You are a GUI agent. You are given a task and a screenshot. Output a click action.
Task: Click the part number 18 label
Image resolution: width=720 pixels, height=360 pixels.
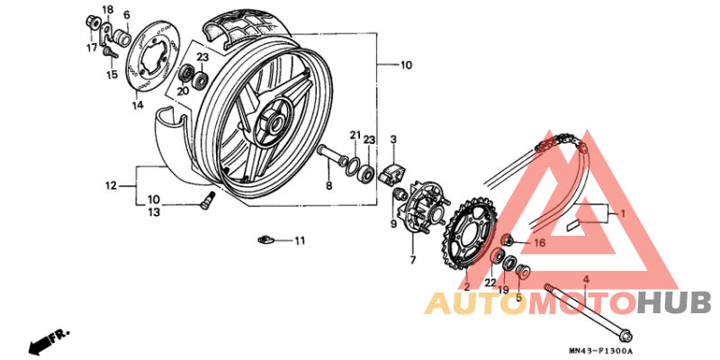pos(108,9)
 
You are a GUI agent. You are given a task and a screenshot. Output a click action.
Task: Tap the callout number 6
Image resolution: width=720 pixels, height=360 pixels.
pos(126,15)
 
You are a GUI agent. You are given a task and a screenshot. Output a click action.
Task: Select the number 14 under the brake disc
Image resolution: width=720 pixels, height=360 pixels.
pos(138,105)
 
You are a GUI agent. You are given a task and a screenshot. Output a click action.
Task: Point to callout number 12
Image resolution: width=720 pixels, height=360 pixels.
pos(111,186)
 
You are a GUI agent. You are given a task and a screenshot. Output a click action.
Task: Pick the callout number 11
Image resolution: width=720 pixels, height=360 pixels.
pos(300,240)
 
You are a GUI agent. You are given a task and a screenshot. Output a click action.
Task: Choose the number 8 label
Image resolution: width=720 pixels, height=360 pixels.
pos(328,185)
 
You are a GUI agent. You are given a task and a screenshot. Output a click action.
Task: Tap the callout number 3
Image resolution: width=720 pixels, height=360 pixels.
pos(393,139)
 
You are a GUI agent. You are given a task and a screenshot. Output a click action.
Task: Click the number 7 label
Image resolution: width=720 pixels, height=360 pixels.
pos(412,260)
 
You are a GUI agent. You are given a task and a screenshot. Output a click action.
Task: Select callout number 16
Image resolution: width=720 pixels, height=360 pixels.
pos(540,242)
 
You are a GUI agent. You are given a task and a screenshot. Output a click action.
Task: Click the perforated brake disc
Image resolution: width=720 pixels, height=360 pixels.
pos(154,62)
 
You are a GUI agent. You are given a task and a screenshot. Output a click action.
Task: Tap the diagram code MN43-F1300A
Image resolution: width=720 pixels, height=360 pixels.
pos(600,351)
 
